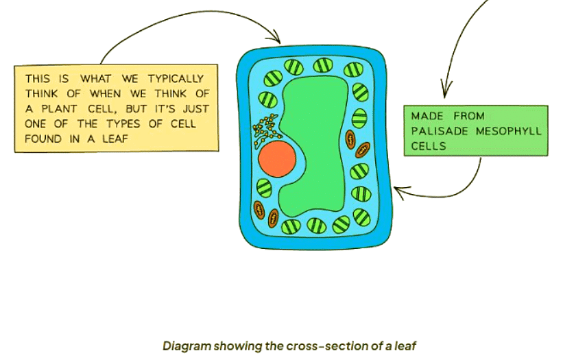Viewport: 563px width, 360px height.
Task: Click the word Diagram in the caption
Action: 184,346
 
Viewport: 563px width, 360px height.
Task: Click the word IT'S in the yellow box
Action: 163,109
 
